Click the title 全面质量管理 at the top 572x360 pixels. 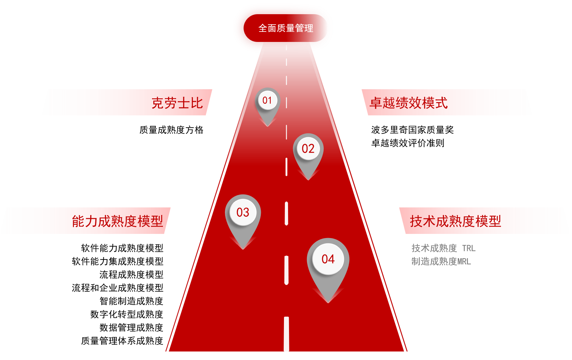coord(286,28)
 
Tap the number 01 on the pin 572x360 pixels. coord(267,100)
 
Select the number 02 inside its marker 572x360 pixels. coord(308,148)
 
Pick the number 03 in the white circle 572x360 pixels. coord(243,212)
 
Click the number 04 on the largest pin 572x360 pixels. coord(328,259)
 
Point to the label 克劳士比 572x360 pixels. coord(177,103)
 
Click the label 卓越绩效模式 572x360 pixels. coord(409,103)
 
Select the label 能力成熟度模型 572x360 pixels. coord(117,221)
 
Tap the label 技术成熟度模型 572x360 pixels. coord(455,221)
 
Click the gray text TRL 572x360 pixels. coord(469,248)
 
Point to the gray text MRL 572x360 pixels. coord(464,262)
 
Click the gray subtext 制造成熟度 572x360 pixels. coord(434,262)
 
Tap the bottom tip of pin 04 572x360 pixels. coord(328,302)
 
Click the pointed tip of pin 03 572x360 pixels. coord(243,249)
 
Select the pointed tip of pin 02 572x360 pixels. coord(308,179)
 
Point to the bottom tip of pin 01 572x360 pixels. coord(268,126)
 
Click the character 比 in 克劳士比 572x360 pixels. coord(197,103)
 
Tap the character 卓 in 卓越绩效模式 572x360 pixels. coord(375,103)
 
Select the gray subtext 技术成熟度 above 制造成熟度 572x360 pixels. coord(434,248)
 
